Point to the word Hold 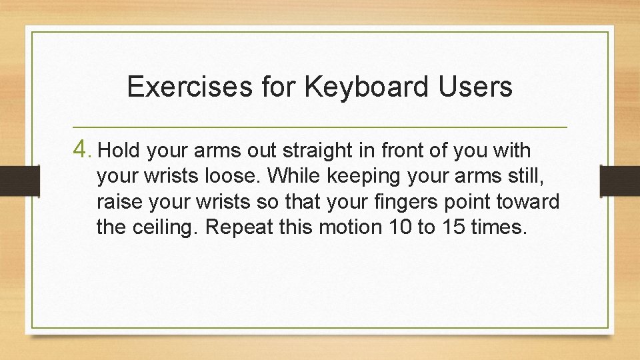coord(119,151)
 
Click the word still coord(525,176)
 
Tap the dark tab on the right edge coord(620,180)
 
